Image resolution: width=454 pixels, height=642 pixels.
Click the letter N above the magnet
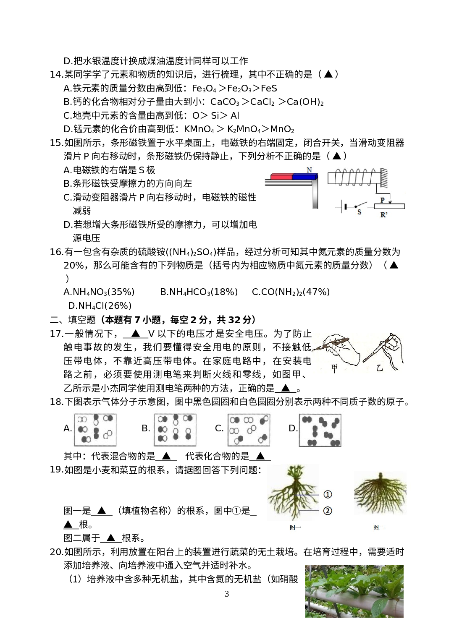point(310,170)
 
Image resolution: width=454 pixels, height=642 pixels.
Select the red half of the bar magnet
point(281,177)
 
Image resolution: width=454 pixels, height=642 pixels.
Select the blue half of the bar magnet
point(304,177)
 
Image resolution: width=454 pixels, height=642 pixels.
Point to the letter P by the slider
point(383,200)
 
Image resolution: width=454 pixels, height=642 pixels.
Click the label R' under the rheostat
point(384,215)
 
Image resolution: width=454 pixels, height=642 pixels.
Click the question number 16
point(56,252)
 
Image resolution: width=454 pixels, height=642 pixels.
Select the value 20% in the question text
point(73,265)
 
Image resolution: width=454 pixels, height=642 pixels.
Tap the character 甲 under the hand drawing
point(335,368)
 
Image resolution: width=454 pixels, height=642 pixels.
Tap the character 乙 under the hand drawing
point(380,368)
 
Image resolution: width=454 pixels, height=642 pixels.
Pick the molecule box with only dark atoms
point(320,431)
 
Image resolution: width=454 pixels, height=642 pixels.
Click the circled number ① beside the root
point(328,494)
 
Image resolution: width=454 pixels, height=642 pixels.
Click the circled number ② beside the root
point(328,511)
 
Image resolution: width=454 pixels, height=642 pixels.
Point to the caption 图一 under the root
point(295,527)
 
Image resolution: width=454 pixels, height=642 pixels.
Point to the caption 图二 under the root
point(379,527)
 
